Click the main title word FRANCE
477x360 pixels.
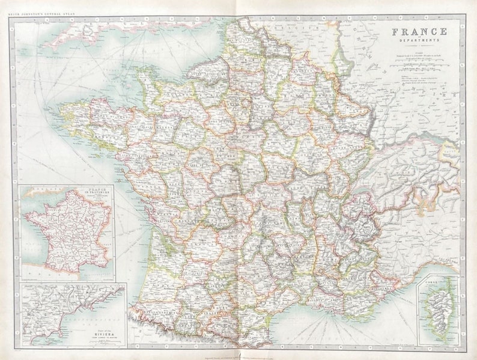pyautogui.click(x=419, y=31)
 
